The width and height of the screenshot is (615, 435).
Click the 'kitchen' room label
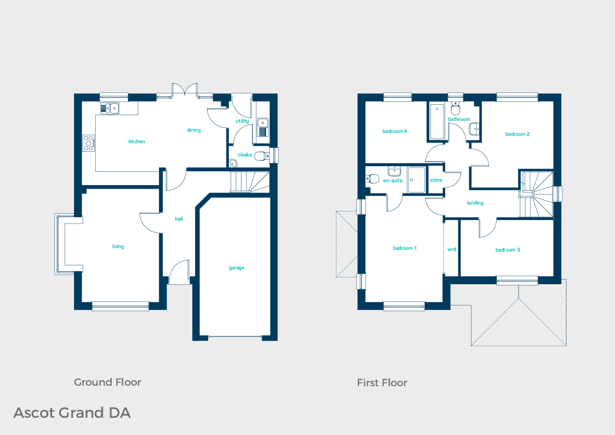[x=137, y=142]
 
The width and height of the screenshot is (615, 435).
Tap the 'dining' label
[x=194, y=130]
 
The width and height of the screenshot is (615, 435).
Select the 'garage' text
[x=236, y=268]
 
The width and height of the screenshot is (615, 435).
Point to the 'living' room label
[x=118, y=246]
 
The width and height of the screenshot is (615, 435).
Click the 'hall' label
[x=179, y=219]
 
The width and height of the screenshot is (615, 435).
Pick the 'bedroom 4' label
[x=395, y=131]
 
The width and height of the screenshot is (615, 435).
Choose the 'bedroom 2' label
[x=517, y=134]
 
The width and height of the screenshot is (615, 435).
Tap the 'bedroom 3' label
[x=508, y=250]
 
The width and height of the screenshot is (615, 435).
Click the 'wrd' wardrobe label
[x=451, y=250]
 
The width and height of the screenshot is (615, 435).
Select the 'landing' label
[x=475, y=203]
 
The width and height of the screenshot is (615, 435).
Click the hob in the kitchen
[x=89, y=143]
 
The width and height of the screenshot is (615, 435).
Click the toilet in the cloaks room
[x=261, y=155]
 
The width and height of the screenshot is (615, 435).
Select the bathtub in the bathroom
[x=437, y=122]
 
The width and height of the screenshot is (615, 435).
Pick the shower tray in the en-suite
[x=417, y=180]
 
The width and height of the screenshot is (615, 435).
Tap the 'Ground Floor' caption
[x=107, y=382]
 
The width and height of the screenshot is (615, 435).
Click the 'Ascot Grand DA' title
[x=72, y=413]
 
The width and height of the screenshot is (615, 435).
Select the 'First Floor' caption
[x=382, y=383]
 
